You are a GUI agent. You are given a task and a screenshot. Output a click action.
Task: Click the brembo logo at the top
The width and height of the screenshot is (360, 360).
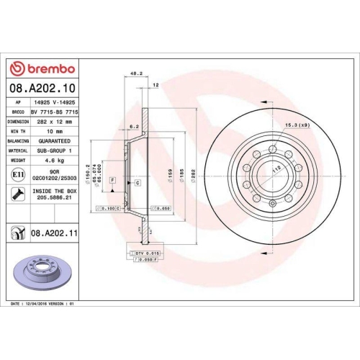[x=42, y=68]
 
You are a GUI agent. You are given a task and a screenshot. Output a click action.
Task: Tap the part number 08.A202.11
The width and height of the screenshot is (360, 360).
[x=54, y=233]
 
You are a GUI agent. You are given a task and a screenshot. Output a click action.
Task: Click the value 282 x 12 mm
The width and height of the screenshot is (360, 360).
[x=52, y=122]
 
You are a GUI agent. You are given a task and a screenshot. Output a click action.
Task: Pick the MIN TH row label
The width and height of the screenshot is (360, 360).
[x=17, y=132]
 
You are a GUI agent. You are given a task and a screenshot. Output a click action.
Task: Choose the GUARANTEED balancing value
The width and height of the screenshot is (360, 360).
[x=52, y=141]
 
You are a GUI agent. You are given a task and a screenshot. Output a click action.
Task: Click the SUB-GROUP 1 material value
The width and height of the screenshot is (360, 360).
[x=52, y=151]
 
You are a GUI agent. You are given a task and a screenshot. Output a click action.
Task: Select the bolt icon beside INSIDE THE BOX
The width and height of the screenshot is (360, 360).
[x=17, y=193]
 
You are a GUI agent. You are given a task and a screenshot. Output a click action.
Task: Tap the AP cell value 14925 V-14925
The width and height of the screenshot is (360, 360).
[x=52, y=103]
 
